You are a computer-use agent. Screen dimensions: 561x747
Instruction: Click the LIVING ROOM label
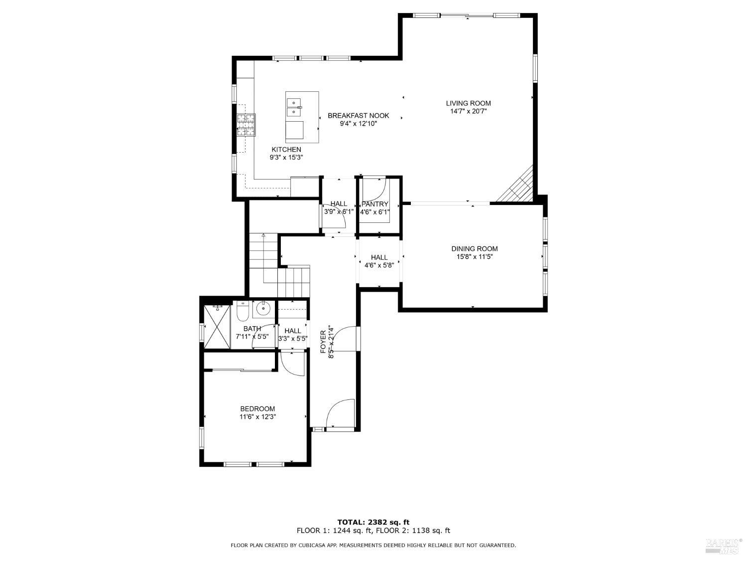(468, 103)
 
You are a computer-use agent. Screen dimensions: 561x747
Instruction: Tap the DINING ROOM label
(474, 249)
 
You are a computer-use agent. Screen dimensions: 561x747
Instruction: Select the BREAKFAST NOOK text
(358, 116)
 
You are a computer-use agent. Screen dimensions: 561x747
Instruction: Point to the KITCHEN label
(286, 150)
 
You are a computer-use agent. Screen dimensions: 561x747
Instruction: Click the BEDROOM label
(257, 409)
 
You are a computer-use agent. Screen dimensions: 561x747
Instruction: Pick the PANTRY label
(374, 204)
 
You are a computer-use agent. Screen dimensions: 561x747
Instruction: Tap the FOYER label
(323, 342)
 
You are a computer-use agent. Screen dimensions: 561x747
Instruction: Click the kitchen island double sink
(294, 106)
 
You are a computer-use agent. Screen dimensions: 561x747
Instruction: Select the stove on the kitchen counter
(246, 125)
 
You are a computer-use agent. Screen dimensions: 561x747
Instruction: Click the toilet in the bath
(243, 312)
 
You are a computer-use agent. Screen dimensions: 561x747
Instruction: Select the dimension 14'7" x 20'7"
(468, 112)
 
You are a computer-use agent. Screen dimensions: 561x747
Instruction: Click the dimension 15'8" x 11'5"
(474, 257)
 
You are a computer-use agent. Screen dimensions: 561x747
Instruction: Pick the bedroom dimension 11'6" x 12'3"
(257, 417)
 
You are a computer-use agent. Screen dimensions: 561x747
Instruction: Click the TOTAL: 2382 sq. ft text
(373, 522)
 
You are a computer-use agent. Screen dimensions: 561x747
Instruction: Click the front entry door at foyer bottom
(340, 414)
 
